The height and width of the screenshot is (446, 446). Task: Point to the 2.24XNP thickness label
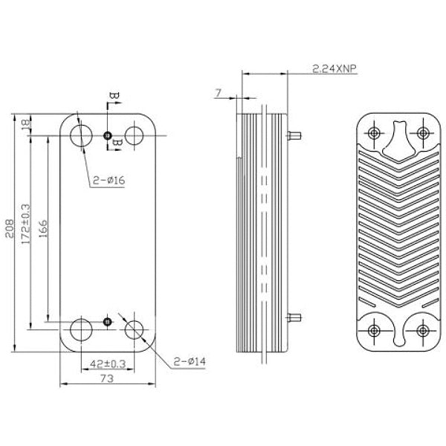point(332,68)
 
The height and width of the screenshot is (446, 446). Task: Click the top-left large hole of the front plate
point(80,135)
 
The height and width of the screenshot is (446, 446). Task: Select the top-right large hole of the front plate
point(135,135)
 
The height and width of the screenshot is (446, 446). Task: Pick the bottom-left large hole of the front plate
point(80,328)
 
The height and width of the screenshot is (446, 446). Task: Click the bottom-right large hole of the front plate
point(136,328)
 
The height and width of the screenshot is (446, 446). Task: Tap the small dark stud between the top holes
point(108,135)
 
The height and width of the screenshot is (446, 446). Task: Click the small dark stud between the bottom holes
point(108,321)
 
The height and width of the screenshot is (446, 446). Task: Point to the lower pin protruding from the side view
point(295,319)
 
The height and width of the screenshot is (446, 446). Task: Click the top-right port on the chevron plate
point(423,133)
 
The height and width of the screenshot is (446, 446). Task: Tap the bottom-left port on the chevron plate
point(375,330)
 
